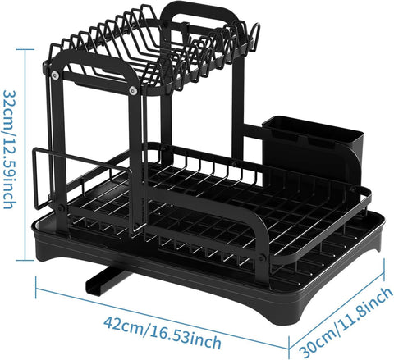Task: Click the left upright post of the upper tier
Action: pyautogui.click(x=60, y=139)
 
